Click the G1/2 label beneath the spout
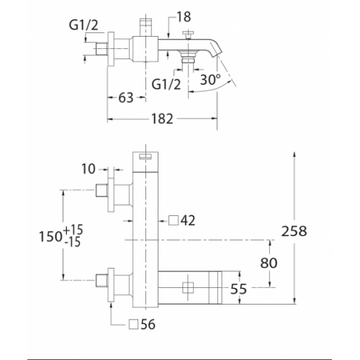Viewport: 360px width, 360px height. (167, 83)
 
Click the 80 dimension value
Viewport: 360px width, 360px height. (269, 263)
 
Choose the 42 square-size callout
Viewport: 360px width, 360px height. (188, 219)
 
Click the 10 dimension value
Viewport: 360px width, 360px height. (89, 169)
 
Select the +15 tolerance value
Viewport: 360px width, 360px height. (73, 230)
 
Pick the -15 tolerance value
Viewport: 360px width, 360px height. (73, 243)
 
